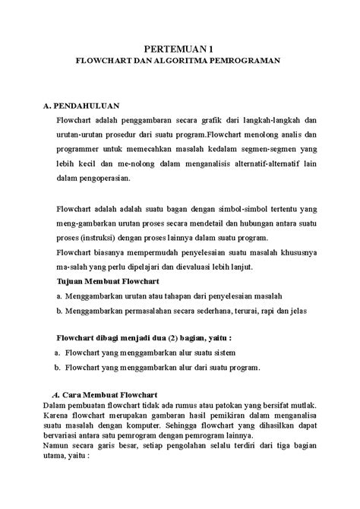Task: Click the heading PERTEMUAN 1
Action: (x=181, y=48)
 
